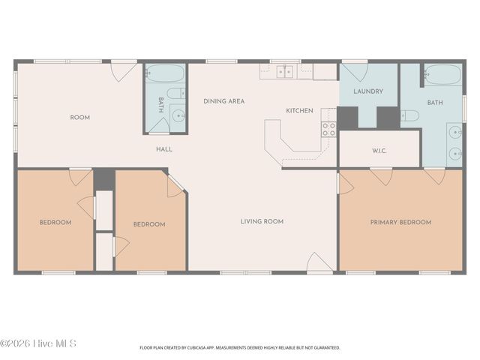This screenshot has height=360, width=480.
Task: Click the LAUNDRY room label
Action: (368, 91)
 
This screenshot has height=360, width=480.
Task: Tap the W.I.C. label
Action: (379, 151)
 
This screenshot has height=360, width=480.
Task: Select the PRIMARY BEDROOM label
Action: (400, 222)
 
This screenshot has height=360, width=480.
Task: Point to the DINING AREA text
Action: (224, 101)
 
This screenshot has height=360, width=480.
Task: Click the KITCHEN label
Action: (299, 110)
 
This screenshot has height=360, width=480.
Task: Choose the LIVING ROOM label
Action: (262, 221)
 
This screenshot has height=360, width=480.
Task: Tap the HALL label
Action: (164, 149)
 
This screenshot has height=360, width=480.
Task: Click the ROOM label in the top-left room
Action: (80, 118)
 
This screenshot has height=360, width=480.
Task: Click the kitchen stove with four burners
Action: (328, 129)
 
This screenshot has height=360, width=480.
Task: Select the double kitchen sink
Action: (285, 72)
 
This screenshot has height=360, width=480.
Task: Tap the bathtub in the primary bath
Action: (443, 75)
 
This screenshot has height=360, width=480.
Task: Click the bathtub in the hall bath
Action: (164, 73)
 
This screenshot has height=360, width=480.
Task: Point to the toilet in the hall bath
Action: (176, 93)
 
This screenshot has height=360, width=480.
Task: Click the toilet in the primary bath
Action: (410, 115)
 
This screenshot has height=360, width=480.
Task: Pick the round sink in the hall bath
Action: (178, 115)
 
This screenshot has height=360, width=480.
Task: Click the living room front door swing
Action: (319, 262)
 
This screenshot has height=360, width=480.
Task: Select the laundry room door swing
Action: (355, 72)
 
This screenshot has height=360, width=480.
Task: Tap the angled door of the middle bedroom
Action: (175, 186)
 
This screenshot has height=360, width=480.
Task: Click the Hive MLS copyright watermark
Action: (38, 343)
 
